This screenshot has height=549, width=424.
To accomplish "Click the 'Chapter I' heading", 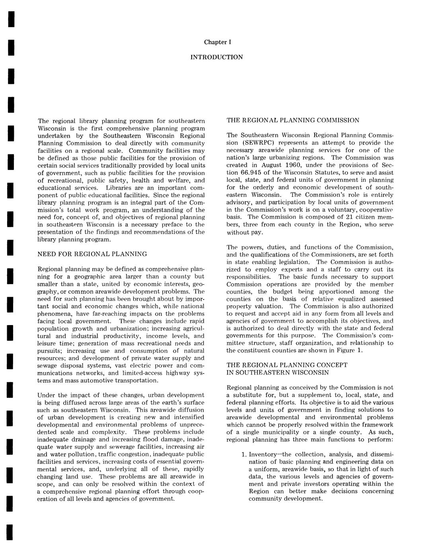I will click(x=217, y=42).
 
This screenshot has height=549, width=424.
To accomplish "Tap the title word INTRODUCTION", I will click(x=217, y=57).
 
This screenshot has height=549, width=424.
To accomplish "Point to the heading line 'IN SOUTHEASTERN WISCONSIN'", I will click(x=278, y=373).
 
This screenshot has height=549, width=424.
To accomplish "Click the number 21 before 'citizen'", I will click(x=342, y=217).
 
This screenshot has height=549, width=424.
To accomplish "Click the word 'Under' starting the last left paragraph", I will click(x=45, y=395).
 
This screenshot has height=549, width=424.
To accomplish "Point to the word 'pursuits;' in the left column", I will click(x=50, y=351).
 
